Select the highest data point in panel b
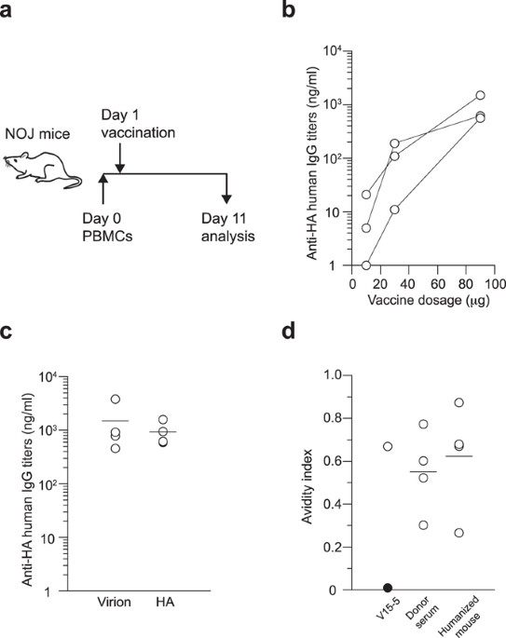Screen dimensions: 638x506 [x=481, y=95]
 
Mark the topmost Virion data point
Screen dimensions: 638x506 [x=116, y=399]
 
